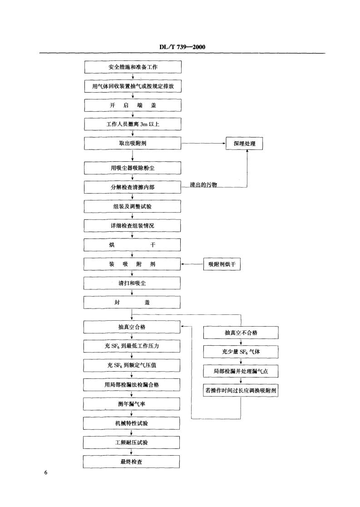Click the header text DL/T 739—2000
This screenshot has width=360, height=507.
(182, 47)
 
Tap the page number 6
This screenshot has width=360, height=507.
(45, 472)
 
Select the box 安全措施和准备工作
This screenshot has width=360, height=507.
(133, 67)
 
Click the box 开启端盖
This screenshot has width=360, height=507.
(133, 105)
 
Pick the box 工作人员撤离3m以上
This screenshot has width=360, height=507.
(133, 124)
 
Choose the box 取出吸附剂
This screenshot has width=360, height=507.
(133, 143)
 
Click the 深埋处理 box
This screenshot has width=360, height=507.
(244, 144)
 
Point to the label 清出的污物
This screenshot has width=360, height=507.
(203, 185)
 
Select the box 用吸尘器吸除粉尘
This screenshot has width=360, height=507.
(133, 168)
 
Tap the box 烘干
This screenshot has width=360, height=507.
(132, 245)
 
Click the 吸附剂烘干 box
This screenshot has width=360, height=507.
(222, 264)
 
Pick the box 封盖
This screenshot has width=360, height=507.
(132, 302)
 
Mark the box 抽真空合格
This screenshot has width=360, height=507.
(132, 327)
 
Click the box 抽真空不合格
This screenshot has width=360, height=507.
(241, 333)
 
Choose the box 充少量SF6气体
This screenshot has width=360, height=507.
(241, 352)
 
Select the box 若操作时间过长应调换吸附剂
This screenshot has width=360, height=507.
(241, 390)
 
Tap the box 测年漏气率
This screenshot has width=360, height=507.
(132, 404)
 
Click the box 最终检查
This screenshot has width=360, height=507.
(131, 462)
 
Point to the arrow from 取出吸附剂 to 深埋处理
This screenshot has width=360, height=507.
(203, 143)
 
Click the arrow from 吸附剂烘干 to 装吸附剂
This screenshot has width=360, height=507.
(192, 264)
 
